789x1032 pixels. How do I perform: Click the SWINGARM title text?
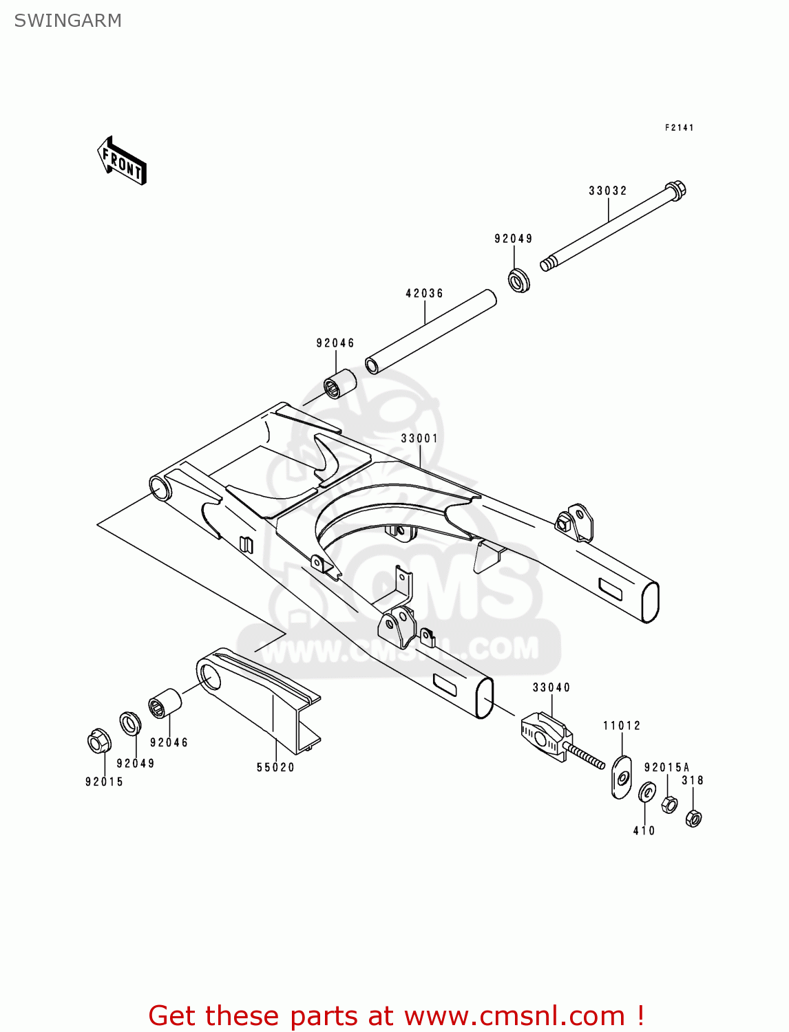[67, 21]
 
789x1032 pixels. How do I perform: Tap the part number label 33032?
[607, 191]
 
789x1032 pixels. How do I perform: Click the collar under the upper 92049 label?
[519, 281]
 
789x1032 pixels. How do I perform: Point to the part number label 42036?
[424, 293]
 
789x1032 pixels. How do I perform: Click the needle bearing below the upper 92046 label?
[340, 383]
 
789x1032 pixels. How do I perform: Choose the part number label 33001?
[419, 438]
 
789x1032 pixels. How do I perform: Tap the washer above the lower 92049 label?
[129, 723]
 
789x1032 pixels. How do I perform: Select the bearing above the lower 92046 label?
[165, 702]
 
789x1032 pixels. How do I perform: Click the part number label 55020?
[275, 767]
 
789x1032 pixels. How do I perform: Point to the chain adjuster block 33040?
[544, 735]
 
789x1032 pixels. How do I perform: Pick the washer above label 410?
[647, 792]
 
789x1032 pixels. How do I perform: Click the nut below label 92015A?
[669, 803]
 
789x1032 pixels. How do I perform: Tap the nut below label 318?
[693, 817]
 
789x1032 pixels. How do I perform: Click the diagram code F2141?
[679, 127]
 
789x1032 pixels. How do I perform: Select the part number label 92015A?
[666, 767]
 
